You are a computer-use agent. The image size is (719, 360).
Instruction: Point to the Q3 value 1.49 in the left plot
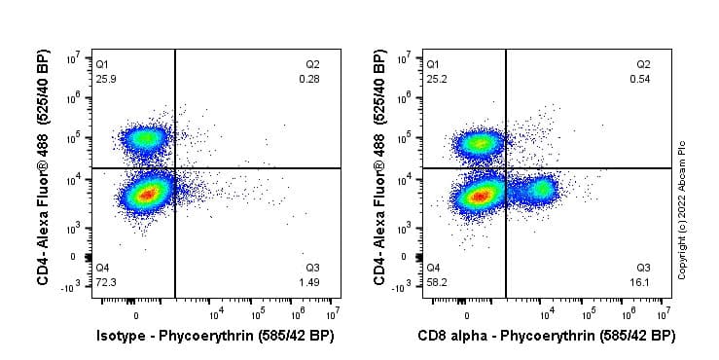310,281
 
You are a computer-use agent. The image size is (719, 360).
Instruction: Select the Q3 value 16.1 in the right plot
642,281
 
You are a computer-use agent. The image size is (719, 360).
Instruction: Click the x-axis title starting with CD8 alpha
545,337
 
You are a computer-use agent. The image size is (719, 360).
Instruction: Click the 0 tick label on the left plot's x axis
135,315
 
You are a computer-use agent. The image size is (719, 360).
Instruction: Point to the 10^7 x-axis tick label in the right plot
662,314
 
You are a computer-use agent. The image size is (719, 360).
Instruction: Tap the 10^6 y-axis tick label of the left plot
72,98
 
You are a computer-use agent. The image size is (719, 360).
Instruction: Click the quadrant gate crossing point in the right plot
506,168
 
